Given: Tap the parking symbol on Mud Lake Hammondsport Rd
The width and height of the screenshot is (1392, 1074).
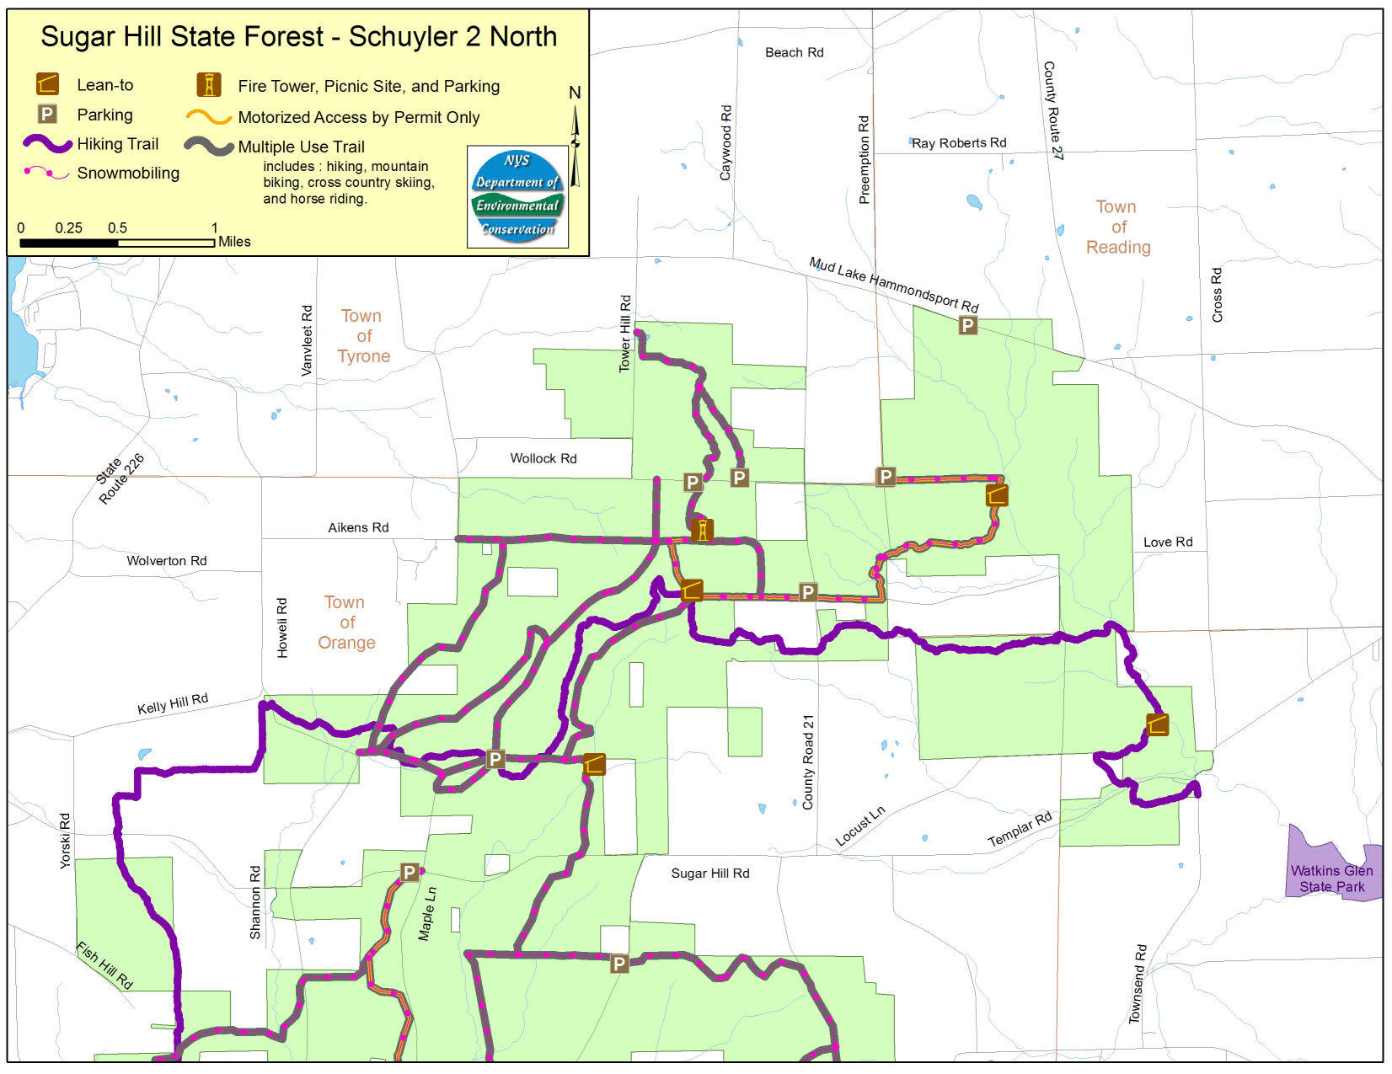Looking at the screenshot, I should (x=967, y=325).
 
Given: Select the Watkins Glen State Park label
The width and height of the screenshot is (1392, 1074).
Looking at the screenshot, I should (x=1331, y=879).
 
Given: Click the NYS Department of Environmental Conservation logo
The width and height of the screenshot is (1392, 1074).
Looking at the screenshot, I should (x=517, y=196).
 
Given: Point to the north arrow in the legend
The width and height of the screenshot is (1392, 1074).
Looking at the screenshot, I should (x=576, y=139).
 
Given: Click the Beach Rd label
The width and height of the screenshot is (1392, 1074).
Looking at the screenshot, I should (x=794, y=52).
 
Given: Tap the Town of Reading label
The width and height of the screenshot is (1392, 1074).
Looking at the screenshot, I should (x=1117, y=227).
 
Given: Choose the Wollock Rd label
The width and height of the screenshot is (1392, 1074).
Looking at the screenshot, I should (x=543, y=458).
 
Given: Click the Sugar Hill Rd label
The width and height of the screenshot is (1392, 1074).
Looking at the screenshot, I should (x=709, y=874).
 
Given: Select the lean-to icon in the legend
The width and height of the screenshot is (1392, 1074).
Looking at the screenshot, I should (x=47, y=84).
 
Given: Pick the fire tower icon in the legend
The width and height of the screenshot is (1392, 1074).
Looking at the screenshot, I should (x=208, y=85).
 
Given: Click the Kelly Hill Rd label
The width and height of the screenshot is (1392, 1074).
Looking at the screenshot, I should (x=173, y=704).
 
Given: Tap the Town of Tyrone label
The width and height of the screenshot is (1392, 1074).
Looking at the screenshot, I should (x=362, y=336).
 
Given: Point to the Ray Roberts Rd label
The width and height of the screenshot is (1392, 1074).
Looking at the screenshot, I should (x=959, y=143).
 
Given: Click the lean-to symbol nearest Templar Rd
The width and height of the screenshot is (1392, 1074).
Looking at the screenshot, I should (x=1158, y=724).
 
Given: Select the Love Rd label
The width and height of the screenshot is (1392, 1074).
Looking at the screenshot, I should (x=1167, y=542).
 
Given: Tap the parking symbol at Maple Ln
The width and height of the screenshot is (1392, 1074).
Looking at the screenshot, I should (x=410, y=873).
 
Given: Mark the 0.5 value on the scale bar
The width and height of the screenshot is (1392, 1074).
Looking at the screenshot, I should (x=117, y=228).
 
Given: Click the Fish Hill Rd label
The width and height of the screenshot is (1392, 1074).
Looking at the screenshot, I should (x=104, y=965).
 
